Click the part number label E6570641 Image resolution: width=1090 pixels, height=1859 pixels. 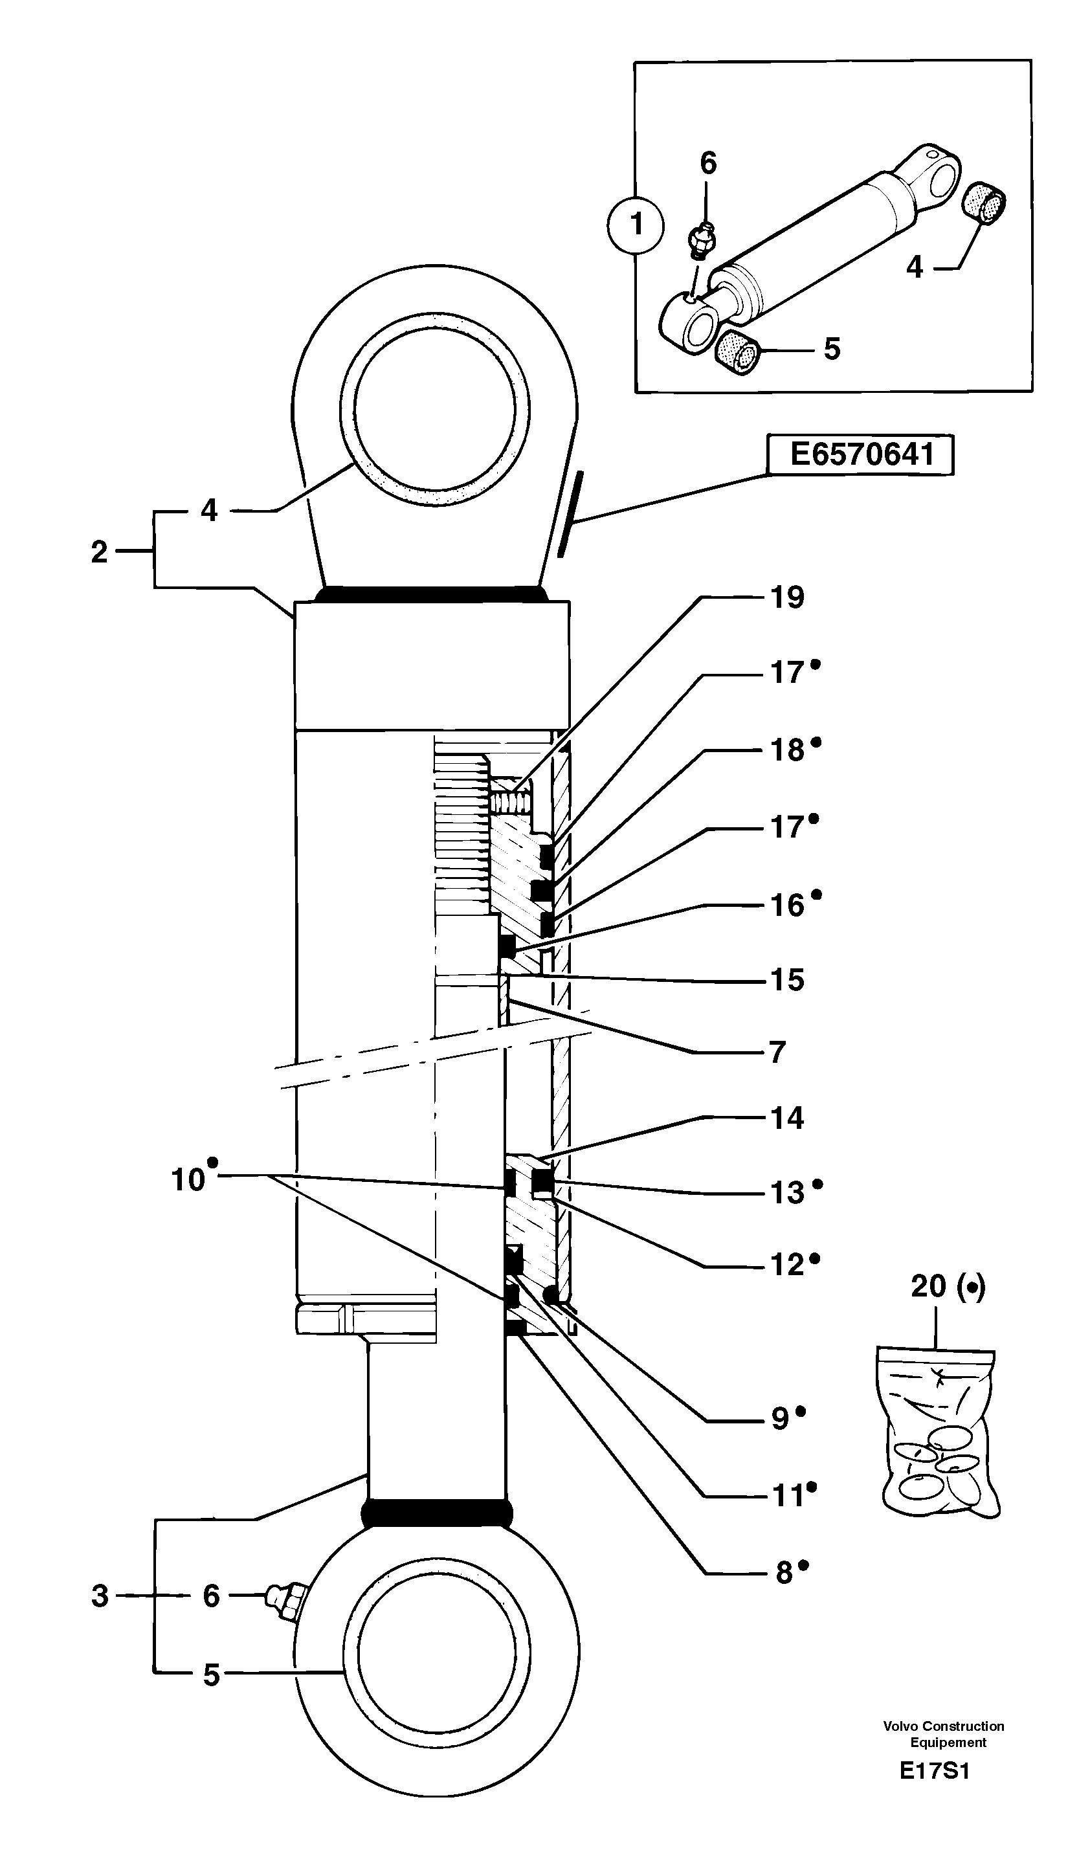861,454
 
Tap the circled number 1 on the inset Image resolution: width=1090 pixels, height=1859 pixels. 636,224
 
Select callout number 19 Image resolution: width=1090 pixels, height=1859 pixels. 787,597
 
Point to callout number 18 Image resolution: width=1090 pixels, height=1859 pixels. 787,750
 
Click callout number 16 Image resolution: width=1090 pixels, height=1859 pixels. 787,905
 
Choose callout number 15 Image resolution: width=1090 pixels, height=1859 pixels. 787,981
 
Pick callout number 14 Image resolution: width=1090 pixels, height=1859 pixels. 787,1119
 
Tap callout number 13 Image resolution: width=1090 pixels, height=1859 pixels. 787,1193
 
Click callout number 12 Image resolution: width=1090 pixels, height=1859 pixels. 786,1265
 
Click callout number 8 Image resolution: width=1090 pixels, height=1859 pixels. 783,1574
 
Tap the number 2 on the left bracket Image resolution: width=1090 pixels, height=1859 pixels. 100,551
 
